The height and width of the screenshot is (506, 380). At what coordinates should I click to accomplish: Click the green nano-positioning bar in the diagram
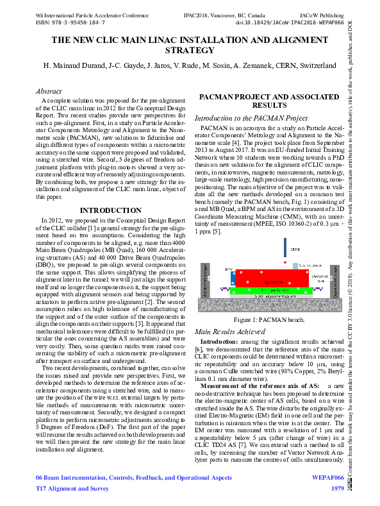269,291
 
